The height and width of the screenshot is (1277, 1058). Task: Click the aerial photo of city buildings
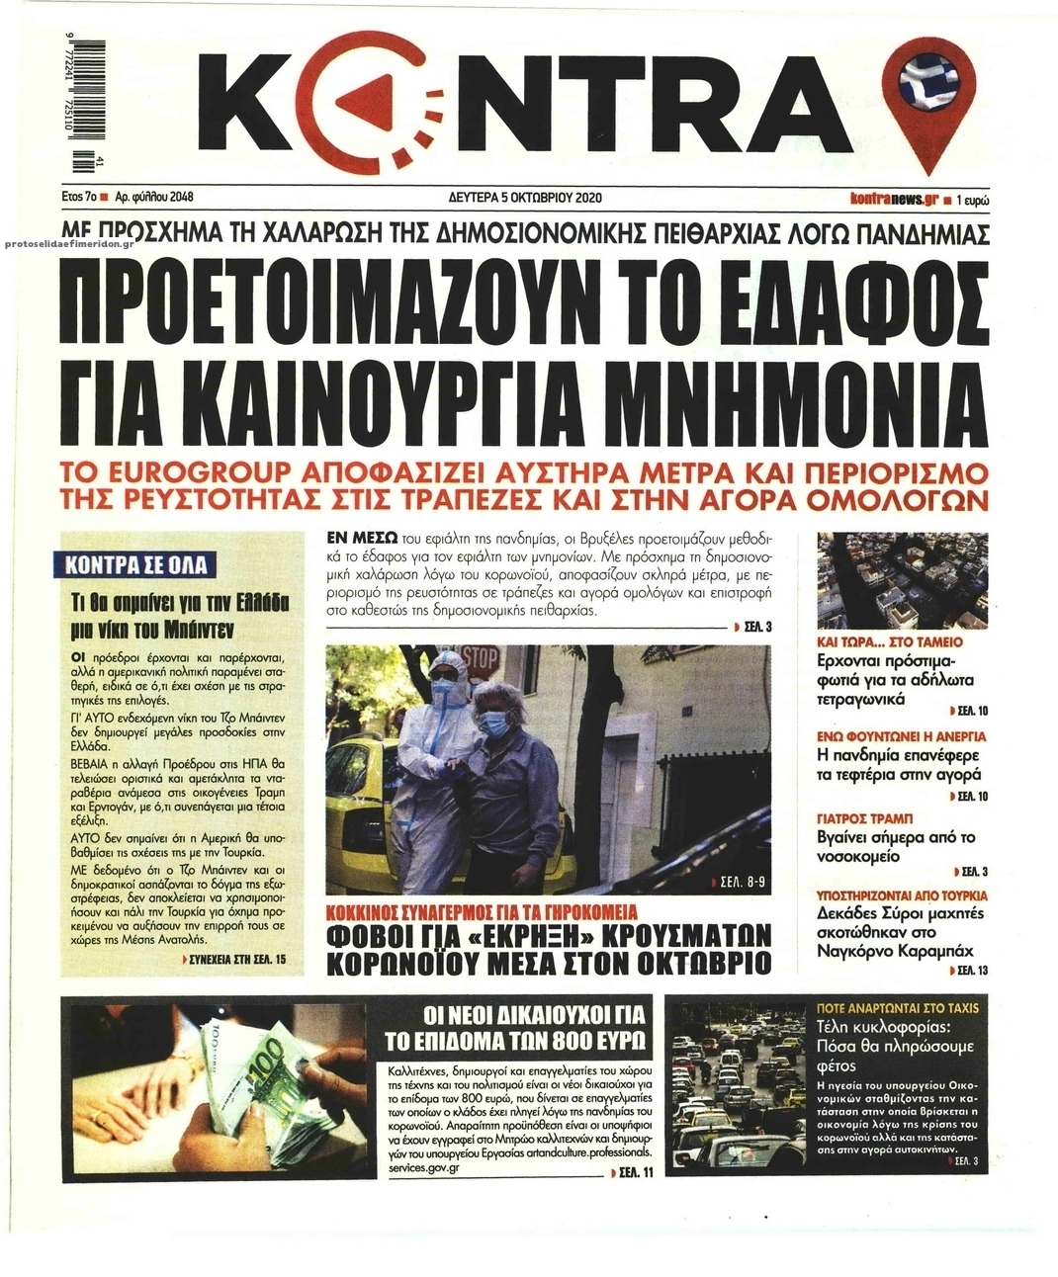click(x=902, y=581)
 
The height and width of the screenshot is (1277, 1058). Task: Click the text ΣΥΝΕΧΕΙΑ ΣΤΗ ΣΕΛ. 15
click(x=238, y=959)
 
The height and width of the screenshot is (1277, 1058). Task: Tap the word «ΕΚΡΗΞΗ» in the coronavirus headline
click(x=534, y=935)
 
